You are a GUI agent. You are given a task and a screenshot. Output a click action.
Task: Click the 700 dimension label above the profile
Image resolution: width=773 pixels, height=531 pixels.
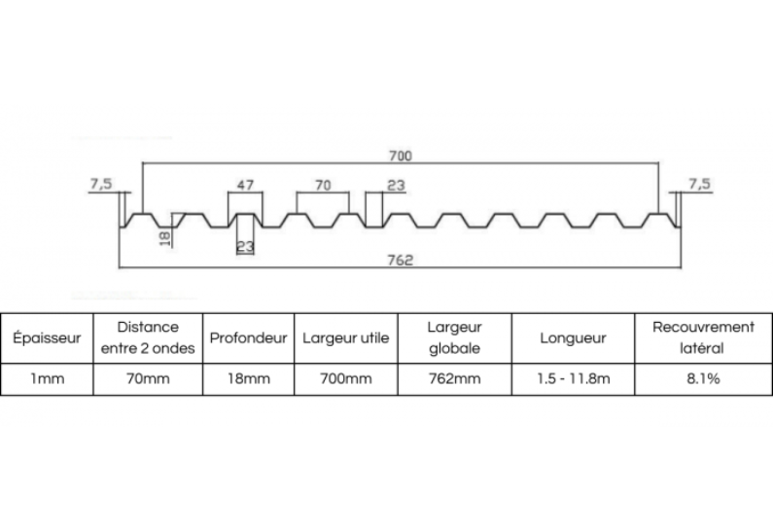pyautogui.click(x=401, y=156)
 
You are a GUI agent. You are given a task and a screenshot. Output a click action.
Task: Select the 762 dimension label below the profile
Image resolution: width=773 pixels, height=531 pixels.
pyautogui.click(x=400, y=260)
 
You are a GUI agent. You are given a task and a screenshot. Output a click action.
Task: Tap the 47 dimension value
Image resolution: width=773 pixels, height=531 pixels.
pyautogui.click(x=245, y=185)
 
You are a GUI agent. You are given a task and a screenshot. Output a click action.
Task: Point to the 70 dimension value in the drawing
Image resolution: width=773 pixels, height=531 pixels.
pyautogui.click(x=323, y=186)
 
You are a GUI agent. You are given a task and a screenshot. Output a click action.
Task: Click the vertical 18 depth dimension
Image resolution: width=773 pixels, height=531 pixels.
pyautogui.click(x=165, y=238)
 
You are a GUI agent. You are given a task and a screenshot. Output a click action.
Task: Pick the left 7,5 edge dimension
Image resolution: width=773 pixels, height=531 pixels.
pyautogui.click(x=101, y=184)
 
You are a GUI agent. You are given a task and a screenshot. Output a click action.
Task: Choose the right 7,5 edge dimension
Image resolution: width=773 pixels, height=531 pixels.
pyautogui.click(x=699, y=184)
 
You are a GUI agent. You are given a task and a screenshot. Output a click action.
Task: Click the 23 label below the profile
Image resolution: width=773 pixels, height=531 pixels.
pyautogui.click(x=245, y=245)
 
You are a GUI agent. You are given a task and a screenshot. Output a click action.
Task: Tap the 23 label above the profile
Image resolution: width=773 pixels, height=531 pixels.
pyautogui.click(x=396, y=186)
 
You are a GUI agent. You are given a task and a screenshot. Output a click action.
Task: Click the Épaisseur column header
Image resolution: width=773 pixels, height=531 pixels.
pyautogui.click(x=47, y=338)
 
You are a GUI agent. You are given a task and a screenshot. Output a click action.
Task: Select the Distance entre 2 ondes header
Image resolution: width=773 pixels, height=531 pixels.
pyautogui.click(x=148, y=337)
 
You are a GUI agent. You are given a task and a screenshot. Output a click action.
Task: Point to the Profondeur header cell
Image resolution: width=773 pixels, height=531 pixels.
pyautogui.click(x=249, y=338)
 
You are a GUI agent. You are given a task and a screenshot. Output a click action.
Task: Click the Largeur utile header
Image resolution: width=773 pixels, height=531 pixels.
pyautogui.click(x=346, y=338)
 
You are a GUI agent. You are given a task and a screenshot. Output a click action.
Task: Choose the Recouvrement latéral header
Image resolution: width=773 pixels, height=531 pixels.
pyautogui.click(x=704, y=337)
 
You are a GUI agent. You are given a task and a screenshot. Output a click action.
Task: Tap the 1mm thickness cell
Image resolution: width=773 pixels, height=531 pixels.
pyautogui.click(x=48, y=378)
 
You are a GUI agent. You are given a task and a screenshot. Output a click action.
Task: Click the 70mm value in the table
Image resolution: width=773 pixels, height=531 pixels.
pyautogui.click(x=148, y=378)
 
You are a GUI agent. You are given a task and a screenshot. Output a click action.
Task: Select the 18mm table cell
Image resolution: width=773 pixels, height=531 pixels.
pyautogui.click(x=249, y=378)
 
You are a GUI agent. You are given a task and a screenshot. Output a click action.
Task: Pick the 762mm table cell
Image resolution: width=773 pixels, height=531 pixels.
pyautogui.click(x=454, y=378)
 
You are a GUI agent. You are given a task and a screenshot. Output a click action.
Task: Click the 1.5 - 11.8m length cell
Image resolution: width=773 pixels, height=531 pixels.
pyautogui.click(x=574, y=378)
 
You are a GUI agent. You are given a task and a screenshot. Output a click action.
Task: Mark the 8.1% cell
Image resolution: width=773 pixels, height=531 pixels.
pyautogui.click(x=704, y=378)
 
